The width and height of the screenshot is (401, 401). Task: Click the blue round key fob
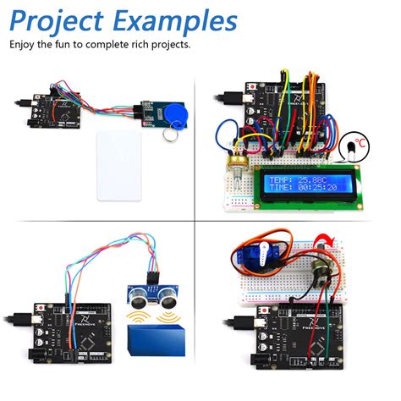[178, 117]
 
